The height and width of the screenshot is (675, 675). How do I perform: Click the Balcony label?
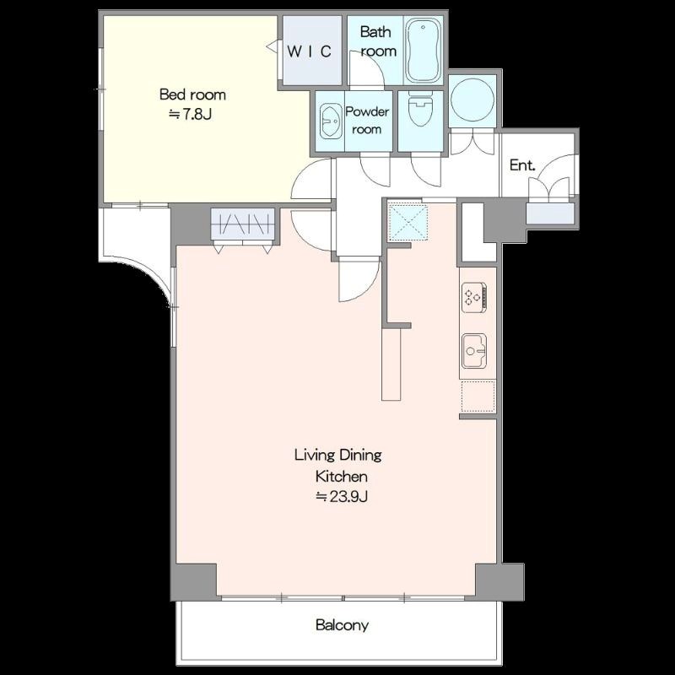pyautogui.click(x=342, y=624)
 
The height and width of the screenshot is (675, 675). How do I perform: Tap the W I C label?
pyautogui.click(x=309, y=51)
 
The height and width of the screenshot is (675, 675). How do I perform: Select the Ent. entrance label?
pyautogui.click(x=522, y=165)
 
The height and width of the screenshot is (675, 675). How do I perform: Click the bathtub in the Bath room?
pyautogui.click(x=424, y=51)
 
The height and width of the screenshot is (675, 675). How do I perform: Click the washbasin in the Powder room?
pyautogui.click(x=331, y=121)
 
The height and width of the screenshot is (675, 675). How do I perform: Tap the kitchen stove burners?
pyautogui.click(x=474, y=297)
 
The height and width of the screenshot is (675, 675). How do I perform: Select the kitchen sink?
pyautogui.click(x=474, y=351)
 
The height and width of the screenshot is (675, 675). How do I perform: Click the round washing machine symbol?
pyautogui.click(x=472, y=100)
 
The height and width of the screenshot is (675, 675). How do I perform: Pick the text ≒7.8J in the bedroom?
pyautogui.click(x=190, y=115)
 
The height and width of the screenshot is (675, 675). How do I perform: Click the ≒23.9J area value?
pyautogui.click(x=342, y=497)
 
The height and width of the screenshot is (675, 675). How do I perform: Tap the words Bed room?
pyautogui.click(x=192, y=94)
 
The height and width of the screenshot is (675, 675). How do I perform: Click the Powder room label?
pyautogui.click(x=367, y=121)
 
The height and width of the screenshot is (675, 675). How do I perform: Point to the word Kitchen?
pyautogui.click(x=342, y=477)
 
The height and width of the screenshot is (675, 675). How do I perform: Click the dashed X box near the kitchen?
pyautogui.click(x=408, y=222)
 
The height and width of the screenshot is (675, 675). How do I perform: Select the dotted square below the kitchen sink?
pyautogui.click(x=478, y=396)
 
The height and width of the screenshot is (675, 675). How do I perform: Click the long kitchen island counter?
pyautogui.click(x=391, y=364)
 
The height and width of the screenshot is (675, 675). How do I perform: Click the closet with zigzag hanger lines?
pyautogui.click(x=243, y=224)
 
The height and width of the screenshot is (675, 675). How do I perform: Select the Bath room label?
pyautogui.click(x=376, y=41)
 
